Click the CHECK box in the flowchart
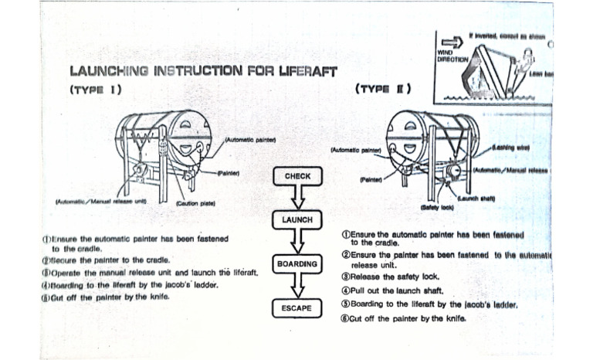point(298,176)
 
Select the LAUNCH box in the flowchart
point(298,220)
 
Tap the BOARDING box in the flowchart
point(298,264)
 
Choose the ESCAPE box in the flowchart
point(298,308)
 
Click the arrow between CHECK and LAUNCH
point(298,198)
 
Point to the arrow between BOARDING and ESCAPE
point(298,286)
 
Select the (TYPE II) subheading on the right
point(384,88)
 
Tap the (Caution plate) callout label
point(195,202)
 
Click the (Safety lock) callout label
point(436,206)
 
